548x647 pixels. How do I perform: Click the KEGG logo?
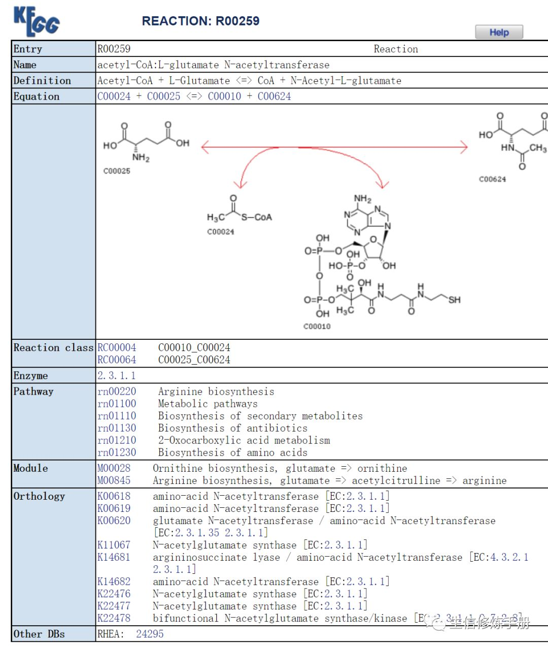pos(36,21)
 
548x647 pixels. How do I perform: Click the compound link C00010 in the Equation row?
pos(224,96)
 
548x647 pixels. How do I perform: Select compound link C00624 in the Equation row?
pos(274,96)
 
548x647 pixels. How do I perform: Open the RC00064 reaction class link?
pos(117,360)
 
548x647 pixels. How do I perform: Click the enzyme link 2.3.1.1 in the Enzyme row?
pos(116,376)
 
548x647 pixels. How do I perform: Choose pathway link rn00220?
pos(117,392)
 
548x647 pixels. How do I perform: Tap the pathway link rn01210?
pos(117,440)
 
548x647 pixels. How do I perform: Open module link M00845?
pos(114,480)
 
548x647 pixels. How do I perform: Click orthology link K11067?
pos(114,545)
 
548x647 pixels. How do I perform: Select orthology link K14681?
pos(114,557)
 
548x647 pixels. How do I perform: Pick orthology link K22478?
pos(114,618)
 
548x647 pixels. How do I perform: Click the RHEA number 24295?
pos(150,634)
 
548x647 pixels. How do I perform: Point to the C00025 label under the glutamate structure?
pos(117,171)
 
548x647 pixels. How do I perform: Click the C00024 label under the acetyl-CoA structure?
pos(220,232)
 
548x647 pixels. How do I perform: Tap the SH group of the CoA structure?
pos(454,300)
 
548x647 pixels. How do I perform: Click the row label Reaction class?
pos(53,348)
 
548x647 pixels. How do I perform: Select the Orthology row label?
pos(39,496)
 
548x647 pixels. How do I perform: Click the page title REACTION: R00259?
pos(200,21)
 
